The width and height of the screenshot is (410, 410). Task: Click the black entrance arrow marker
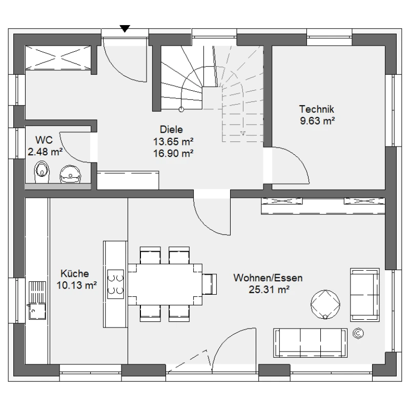click(125, 29)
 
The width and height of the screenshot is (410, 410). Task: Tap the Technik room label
click(317, 109)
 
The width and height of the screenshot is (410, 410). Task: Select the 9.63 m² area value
click(317, 121)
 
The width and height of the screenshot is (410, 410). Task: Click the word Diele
click(171, 130)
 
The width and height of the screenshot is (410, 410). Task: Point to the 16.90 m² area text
click(173, 153)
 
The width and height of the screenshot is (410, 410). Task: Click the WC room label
click(44, 140)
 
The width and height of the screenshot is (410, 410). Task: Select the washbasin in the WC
click(71, 174)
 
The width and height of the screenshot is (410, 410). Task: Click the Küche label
click(75, 274)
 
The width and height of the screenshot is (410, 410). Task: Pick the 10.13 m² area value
click(76, 285)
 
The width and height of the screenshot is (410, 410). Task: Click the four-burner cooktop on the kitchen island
click(116, 284)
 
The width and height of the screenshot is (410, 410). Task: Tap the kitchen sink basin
click(37, 311)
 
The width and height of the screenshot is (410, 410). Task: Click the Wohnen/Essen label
click(268, 278)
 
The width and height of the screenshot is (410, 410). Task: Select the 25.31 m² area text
click(269, 290)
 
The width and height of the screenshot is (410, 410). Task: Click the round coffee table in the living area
click(325, 304)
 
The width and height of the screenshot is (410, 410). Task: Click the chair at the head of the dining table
click(210, 284)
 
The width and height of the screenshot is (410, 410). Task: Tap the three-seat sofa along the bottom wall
click(311, 343)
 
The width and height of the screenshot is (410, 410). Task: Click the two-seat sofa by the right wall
click(365, 295)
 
